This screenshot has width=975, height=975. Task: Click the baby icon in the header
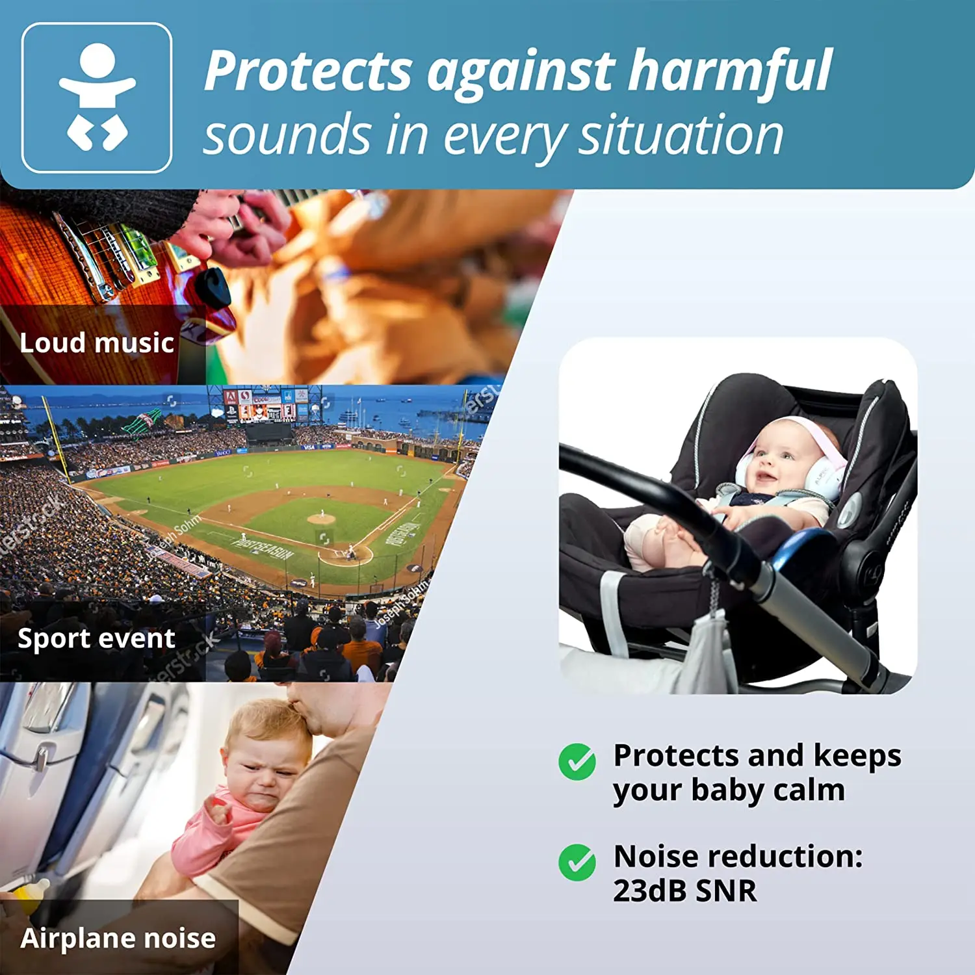[97, 97]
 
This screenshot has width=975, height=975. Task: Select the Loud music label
[97, 343]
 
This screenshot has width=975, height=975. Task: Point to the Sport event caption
[96, 638]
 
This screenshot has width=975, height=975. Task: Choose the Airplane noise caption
[118, 938]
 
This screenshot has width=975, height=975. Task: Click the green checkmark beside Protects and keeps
[577, 761]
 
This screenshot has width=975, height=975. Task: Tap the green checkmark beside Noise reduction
[577, 863]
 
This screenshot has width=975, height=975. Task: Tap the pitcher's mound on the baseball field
[321, 519]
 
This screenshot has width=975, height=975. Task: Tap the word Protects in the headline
[309, 71]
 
